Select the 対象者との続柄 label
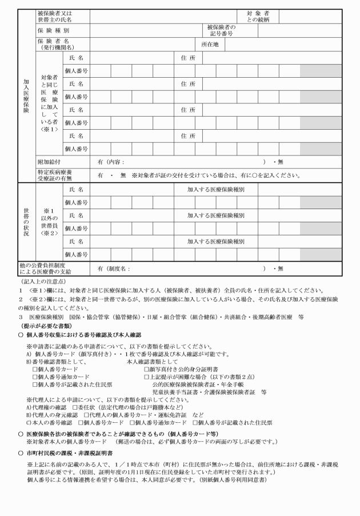tap(258, 16)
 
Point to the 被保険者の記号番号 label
tap(221, 30)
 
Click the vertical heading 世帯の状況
tap(26, 222)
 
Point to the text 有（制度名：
tap(113, 269)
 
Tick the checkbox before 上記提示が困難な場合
tap(147, 377)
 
